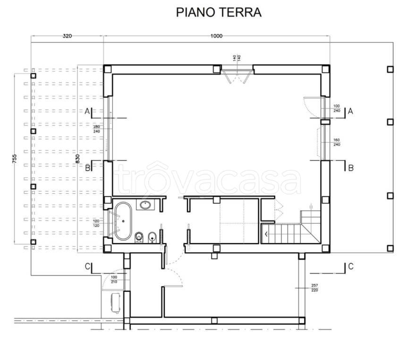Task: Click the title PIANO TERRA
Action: click(219, 12)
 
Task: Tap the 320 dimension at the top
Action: click(67, 36)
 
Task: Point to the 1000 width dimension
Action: click(217, 36)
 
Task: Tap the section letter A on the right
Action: click(350, 111)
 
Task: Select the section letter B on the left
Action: click(87, 167)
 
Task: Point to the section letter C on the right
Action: click(350, 266)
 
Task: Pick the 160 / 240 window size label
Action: click(337, 142)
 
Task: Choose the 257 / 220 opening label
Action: click(315, 288)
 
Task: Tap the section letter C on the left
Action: click(87, 266)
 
